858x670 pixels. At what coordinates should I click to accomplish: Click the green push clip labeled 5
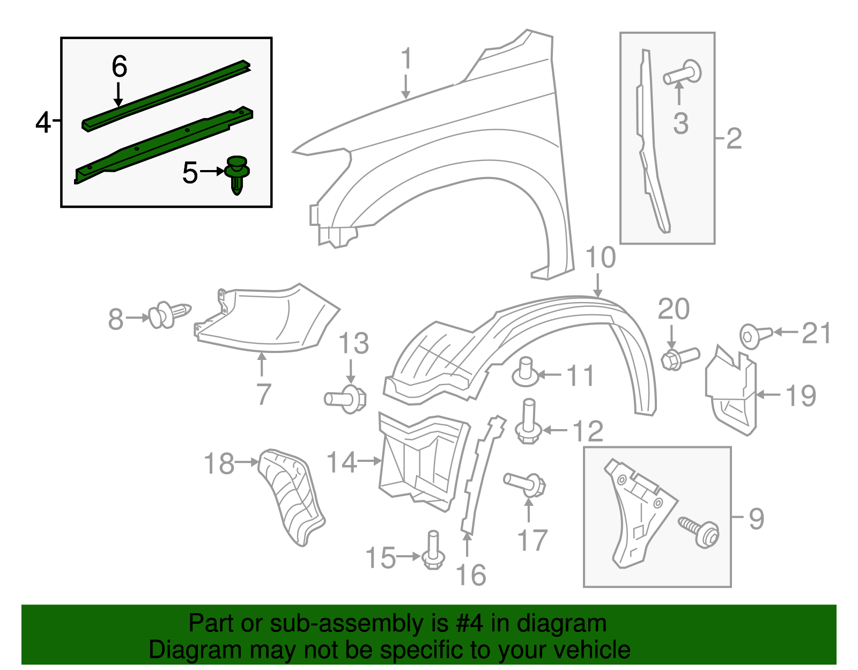pos(237,173)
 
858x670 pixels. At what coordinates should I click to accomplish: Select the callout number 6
pos(119,67)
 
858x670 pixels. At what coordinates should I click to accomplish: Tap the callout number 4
pos(43,123)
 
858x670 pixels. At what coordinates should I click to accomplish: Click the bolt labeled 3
pos(683,74)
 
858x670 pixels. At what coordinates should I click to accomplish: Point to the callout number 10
pos(601,257)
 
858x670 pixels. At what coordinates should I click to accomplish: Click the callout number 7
pos(263,394)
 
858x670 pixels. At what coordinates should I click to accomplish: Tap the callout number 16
pos(471,575)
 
